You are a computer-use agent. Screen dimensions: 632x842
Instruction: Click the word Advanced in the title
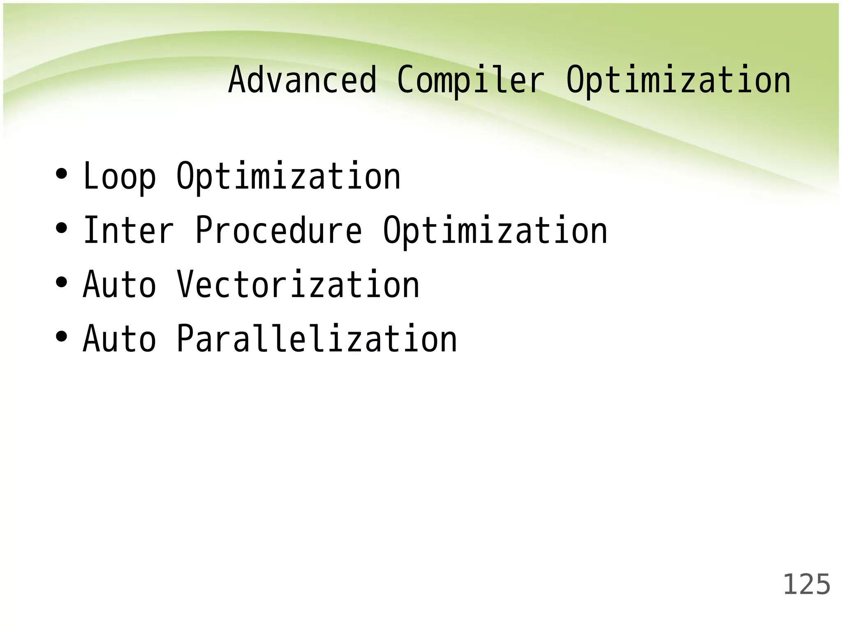(x=302, y=80)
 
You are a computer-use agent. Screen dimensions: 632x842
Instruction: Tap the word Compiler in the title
(x=471, y=81)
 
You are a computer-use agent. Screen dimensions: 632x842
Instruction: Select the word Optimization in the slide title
(x=678, y=81)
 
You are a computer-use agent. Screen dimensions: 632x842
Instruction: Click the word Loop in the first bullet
(x=120, y=177)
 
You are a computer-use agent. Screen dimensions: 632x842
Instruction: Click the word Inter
(x=129, y=231)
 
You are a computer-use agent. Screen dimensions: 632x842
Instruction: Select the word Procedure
(x=279, y=231)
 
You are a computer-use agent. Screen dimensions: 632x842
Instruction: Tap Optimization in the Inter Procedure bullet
(x=495, y=231)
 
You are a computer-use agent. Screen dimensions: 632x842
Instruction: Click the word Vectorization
(x=298, y=285)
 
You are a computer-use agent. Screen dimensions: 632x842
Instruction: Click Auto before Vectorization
(x=120, y=285)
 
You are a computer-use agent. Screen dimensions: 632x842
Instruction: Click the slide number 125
(x=806, y=585)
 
